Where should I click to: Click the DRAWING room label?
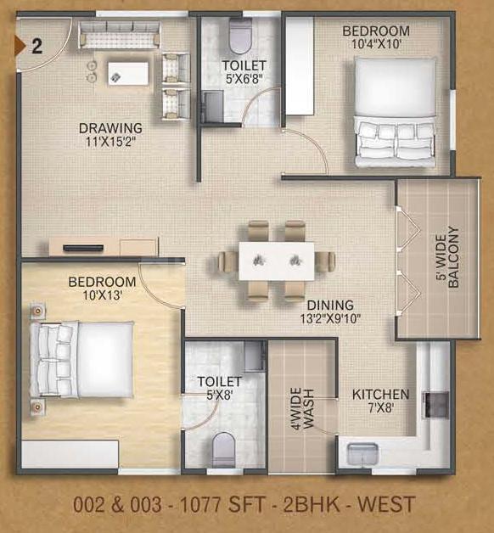coord(110,128)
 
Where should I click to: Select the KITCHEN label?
coord(380,395)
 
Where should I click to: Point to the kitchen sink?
coord(362,453)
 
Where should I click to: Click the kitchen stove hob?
coord(435,405)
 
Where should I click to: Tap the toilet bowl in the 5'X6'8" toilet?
coord(241,36)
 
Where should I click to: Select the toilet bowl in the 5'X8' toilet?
coord(223,449)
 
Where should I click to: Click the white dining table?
coord(277,261)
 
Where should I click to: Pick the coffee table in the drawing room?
coord(128,74)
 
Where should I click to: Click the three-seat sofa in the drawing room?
coord(120,35)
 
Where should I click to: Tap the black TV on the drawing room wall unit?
coord(83,248)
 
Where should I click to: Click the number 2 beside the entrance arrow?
coord(37,47)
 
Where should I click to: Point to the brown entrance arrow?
coord(20,45)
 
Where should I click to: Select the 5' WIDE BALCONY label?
coord(446,257)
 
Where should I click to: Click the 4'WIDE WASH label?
coord(302,408)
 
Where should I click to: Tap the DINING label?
coord(330,305)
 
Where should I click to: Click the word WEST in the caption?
coord(386,504)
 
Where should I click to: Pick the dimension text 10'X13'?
coord(103,295)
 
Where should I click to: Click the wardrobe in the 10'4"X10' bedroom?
coord(299,66)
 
